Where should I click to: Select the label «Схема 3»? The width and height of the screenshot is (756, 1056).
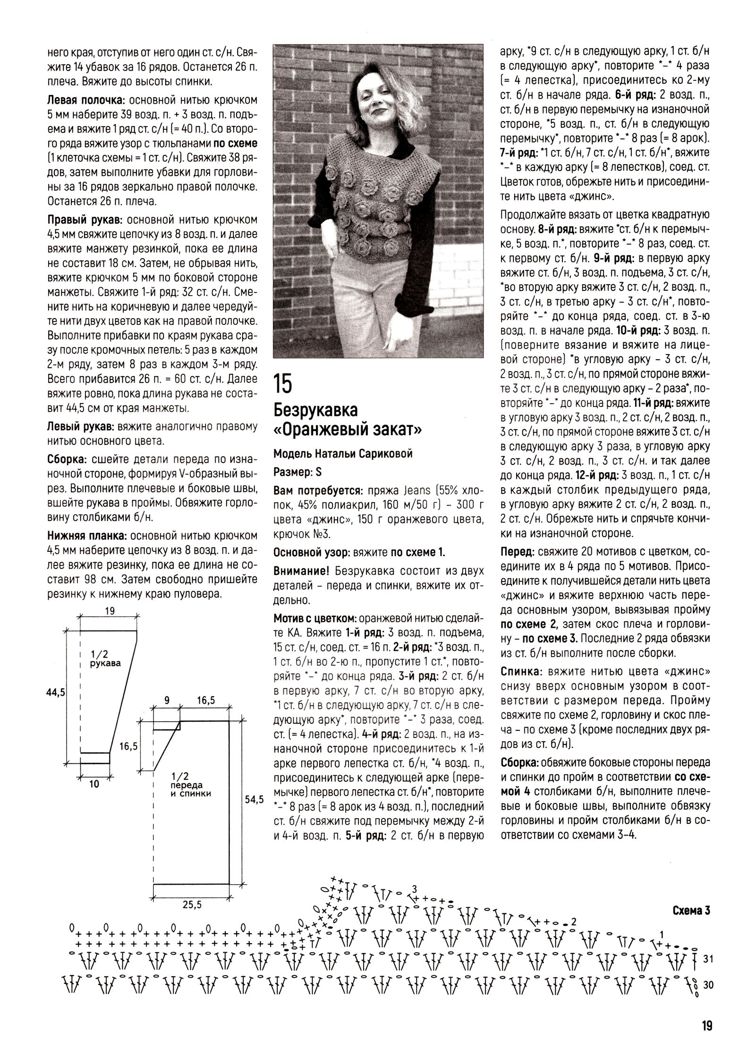691,910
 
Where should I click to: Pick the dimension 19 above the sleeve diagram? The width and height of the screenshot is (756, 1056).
110,611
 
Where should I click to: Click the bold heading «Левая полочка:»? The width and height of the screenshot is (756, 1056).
86,100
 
